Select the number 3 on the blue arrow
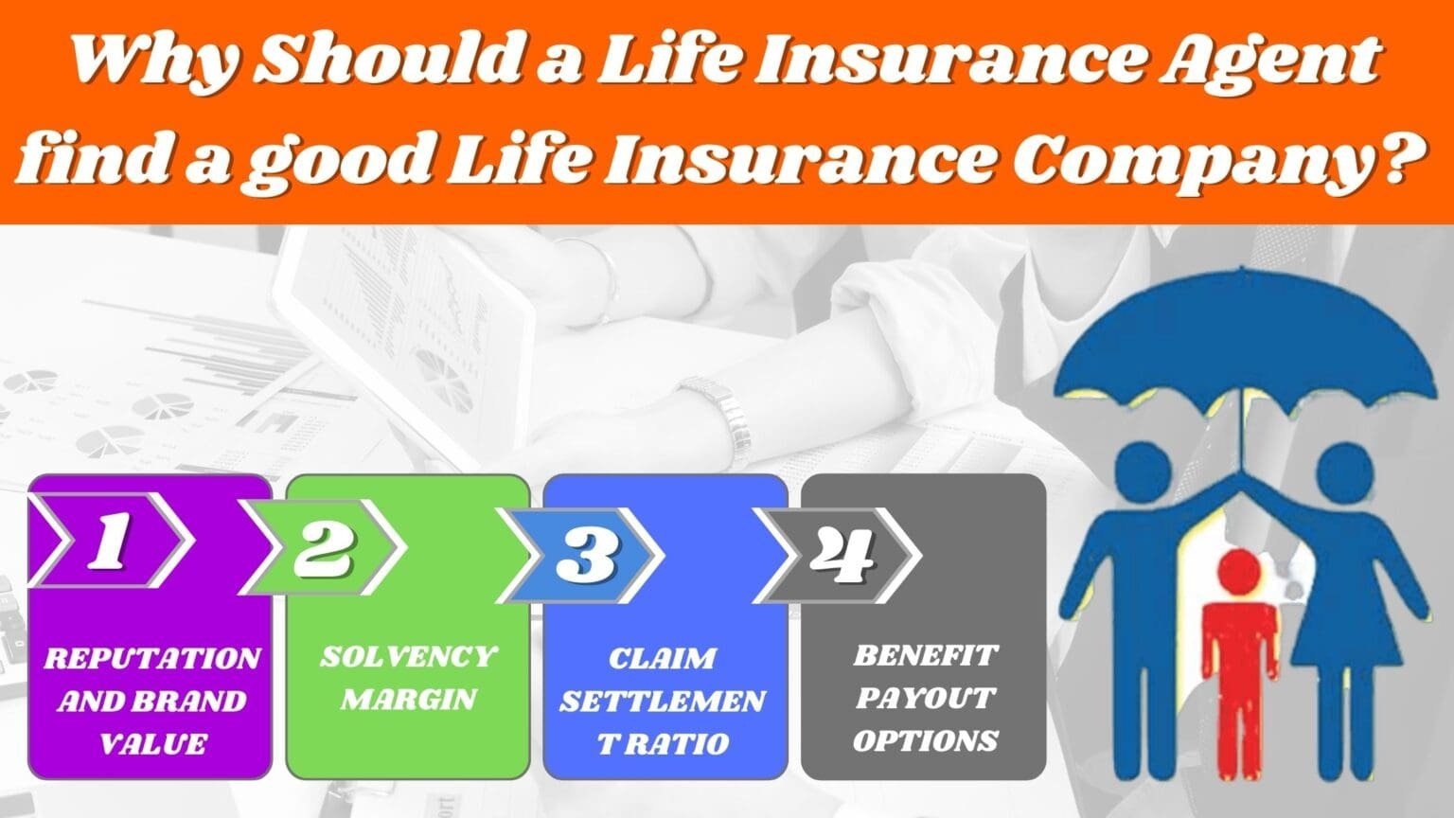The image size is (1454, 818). pyautogui.click(x=586, y=554)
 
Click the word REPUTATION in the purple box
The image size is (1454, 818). pyautogui.click(x=151, y=658)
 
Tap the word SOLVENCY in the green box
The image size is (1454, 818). pyautogui.click(x=408, y=656)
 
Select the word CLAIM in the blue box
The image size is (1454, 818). pyautogui.click(x=663, y=658)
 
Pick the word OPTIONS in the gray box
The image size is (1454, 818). pyautogui.click(x=925, y=739)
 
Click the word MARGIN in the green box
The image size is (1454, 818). pyautogui.click(x=408, y=699)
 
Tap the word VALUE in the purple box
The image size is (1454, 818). pyautogui.click(x=151, y=743)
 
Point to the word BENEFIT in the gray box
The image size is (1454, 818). pyautogui.click(x=925, y=655)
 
